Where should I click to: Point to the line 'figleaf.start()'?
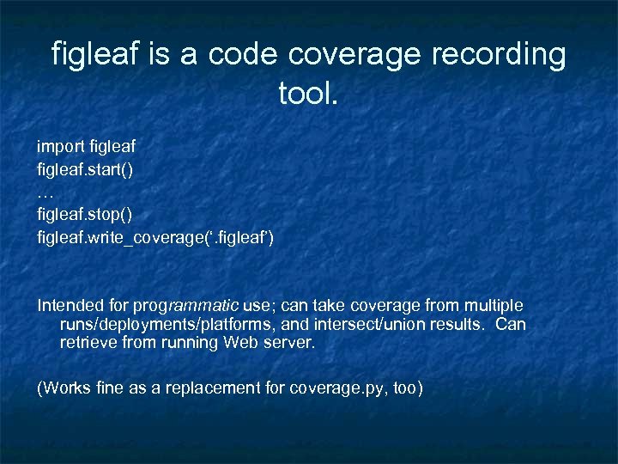(84, 169)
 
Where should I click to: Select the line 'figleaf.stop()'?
(84, 213)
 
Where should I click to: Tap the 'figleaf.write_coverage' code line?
(154, 235)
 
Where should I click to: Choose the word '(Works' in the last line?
(61, 388)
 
